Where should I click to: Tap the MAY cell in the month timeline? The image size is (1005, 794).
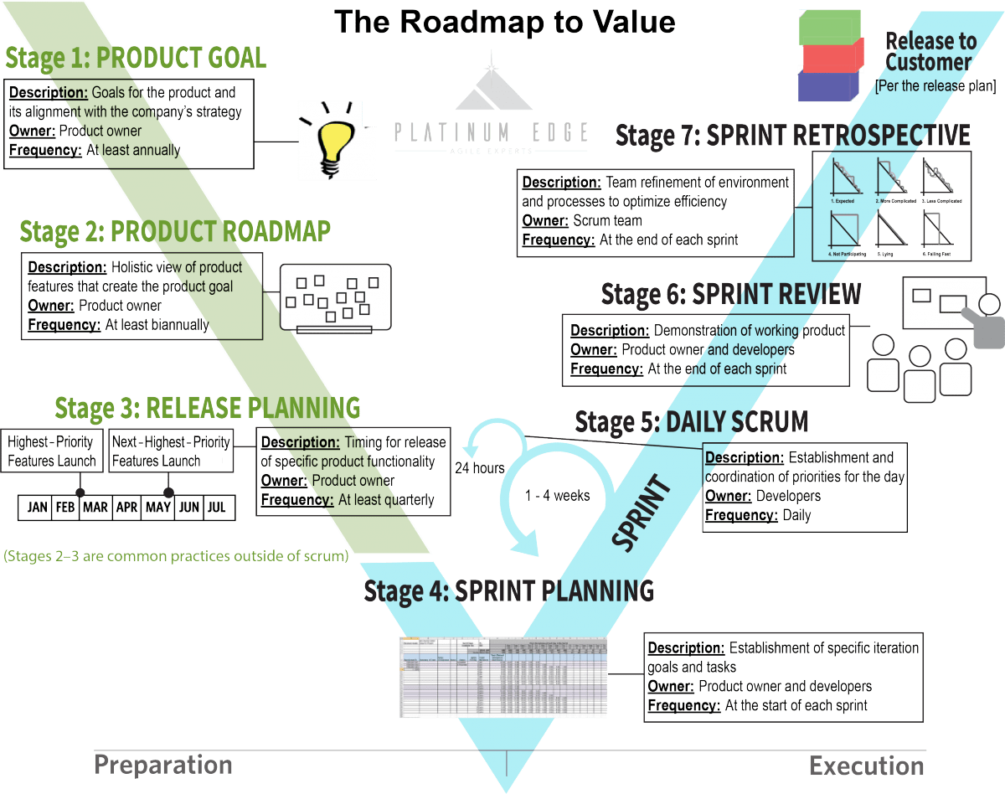pos(158,508)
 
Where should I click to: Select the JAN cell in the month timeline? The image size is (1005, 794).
pos(38,508)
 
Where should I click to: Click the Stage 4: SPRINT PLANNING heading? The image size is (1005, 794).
pos(508,591)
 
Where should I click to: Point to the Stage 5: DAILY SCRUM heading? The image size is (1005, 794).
pos(691,422)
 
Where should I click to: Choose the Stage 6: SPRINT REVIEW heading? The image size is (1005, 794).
pos(730,295)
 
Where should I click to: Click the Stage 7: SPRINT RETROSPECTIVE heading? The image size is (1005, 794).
pos(792,135)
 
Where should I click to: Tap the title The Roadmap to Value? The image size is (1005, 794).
pos(504,22)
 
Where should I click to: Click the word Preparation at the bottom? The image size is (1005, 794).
pos(162,765)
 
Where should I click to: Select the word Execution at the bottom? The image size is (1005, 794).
pos(866,766)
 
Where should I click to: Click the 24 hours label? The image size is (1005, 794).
pos(480,468)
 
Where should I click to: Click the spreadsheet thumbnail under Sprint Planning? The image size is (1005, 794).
pos(503,677)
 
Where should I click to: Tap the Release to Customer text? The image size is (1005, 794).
pos(930,51)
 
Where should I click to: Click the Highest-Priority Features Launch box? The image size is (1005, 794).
pos(52,451)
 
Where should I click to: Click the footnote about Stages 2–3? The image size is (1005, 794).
pos(177,555)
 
